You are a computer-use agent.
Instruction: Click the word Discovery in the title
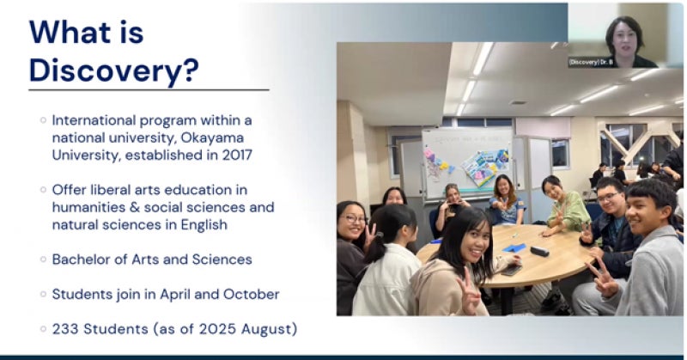[105, 70]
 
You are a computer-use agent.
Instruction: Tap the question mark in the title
[191, 70]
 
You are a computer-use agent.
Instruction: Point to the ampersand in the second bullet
[134, 207]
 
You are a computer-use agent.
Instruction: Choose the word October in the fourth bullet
[251, 294]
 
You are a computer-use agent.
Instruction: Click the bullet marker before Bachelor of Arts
[43, 259]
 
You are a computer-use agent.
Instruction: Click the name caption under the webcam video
[591, 62]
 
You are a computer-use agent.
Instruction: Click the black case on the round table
[539, 251]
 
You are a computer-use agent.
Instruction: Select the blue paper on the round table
[514, 247]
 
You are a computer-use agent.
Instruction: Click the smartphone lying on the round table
[511, 270]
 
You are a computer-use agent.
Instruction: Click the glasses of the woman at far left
[355, 218]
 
